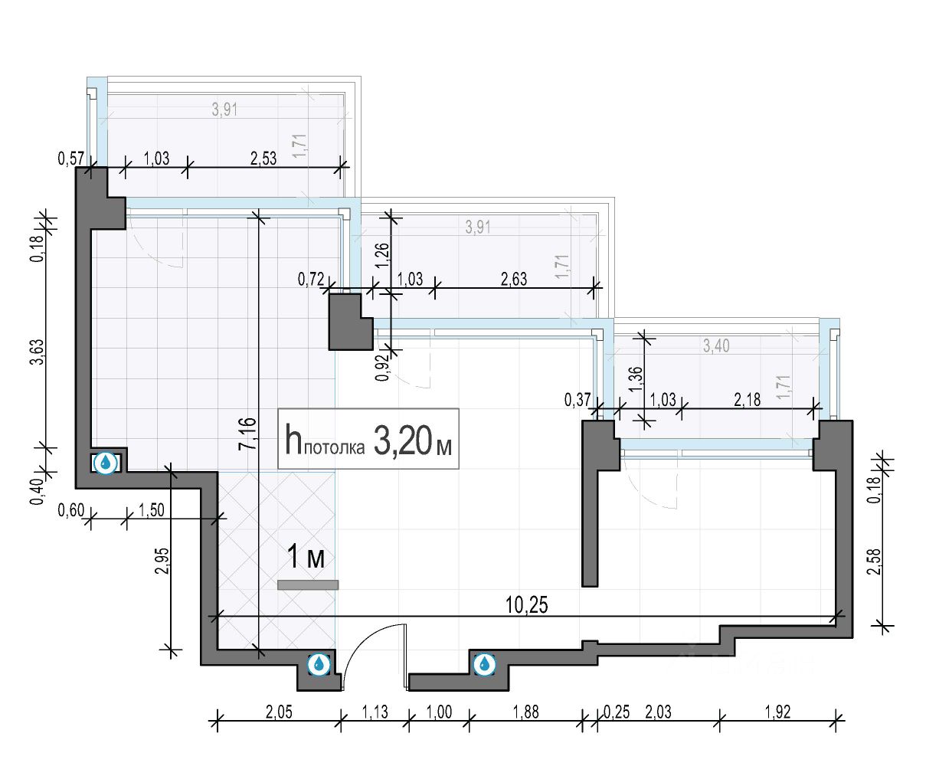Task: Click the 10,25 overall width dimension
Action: point(527,605)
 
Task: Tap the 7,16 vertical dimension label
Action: point(247,434)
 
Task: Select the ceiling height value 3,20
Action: point(402,440)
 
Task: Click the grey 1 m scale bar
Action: point(308,585)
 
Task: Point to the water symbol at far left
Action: point(106,463)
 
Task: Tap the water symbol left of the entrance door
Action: point(319,664)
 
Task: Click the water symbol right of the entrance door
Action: point(484,664)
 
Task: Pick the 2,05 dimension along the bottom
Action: point(279,712)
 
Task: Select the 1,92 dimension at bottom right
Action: point(777,712)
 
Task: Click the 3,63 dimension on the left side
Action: point(38,352)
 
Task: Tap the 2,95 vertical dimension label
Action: point(162,561)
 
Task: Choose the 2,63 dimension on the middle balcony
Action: point(514,280)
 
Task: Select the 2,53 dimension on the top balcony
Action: point(263,159)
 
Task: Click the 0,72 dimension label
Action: point(311,280)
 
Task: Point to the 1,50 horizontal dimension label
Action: point(152,510)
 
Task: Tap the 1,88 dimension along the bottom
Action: point(526,712)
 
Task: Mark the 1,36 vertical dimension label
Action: point(635,378)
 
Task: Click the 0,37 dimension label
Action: point(578,401)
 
